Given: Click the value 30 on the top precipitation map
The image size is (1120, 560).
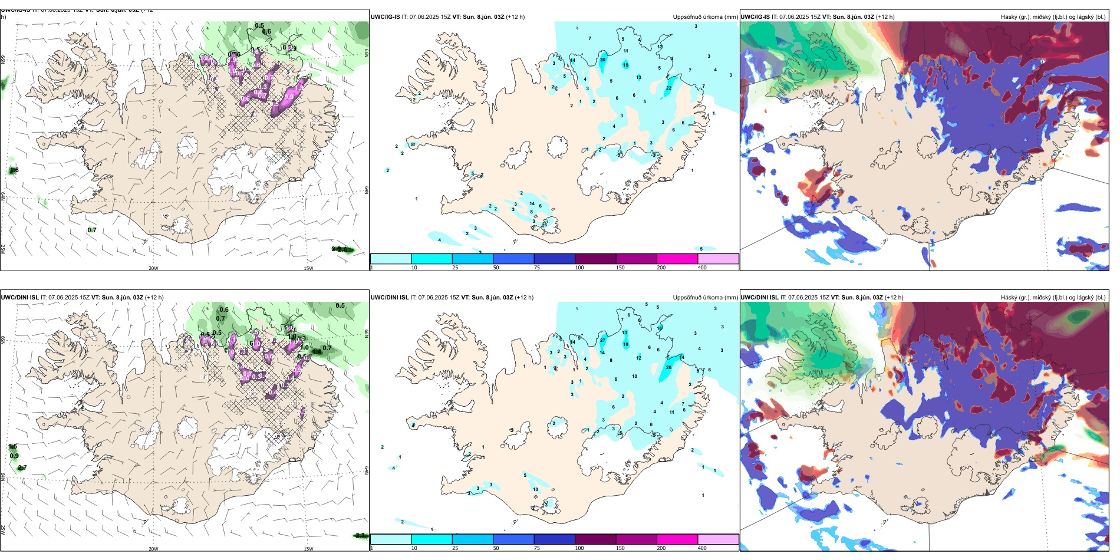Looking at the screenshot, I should (x=602, y=60).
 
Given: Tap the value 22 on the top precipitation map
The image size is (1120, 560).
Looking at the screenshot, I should (x=668, y=88).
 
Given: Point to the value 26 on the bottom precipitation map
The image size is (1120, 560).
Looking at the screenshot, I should (x=668, y=367).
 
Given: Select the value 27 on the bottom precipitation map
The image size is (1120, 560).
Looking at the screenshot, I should (x=602, y=340).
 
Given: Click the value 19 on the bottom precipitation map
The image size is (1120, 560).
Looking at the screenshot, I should (x=625, y=344).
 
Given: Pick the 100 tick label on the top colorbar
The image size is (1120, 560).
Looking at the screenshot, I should (x=579, y=268).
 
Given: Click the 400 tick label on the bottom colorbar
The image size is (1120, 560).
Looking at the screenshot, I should (x=702, y=548).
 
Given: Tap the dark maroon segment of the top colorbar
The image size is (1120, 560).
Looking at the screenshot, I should (x=595, y=259).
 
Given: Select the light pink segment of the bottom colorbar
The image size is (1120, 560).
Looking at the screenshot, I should (x=718, y=539).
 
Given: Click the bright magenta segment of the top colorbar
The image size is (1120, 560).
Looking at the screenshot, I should (x=677, y=259).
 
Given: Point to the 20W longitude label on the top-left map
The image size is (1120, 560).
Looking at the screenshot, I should (x=153, y=268).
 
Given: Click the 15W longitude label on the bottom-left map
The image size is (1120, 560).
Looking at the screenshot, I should (x=308, y=549).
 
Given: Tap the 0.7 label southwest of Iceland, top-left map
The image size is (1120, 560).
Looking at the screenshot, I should (x=92, y=230).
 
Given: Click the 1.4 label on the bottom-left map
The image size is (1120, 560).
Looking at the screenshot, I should (x=317, y=352).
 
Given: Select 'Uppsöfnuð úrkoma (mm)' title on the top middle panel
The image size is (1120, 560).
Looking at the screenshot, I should (x=705, y=17).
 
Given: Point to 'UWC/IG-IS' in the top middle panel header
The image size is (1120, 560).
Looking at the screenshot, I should (x=385, y=17).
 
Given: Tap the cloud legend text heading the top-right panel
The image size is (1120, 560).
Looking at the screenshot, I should (x=1053, y=17).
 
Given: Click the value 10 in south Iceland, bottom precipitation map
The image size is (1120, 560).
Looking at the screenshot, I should (x=535, y=489).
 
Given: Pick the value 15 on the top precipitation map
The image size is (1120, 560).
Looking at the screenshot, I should (x=625, y=65).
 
